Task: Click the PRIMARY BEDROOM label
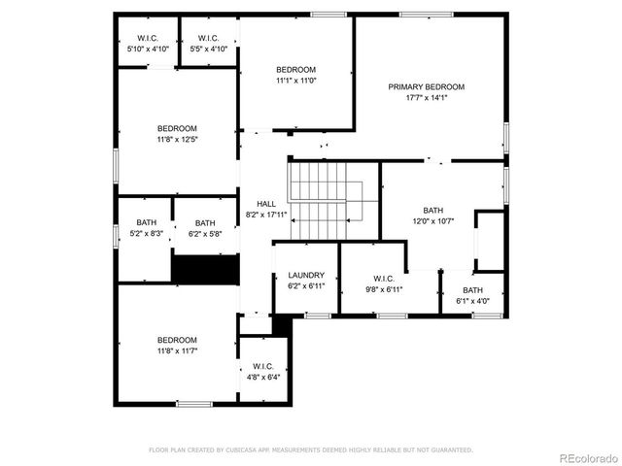[x=426, y=87]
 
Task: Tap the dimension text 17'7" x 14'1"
[x=426, y=98]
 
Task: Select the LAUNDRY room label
[x=306, y=275]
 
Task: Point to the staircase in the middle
[x=321, y=199]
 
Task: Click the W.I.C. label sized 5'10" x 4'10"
[x=147, y=38]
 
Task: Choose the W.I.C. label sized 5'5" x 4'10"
[x=208, y=38]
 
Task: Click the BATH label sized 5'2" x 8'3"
[x=146, y=222]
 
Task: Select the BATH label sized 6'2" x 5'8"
[x=205, y=222]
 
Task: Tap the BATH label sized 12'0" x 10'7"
[x=432, y=211]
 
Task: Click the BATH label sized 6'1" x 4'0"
[x=472, y=290]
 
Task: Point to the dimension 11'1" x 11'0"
[x=295, y=81]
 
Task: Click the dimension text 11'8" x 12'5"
[x=177, y=140]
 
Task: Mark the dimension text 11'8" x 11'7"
[x=177, y=350]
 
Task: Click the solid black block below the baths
[x=205, y=269]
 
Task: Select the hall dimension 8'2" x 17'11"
[x=266, y=215]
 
